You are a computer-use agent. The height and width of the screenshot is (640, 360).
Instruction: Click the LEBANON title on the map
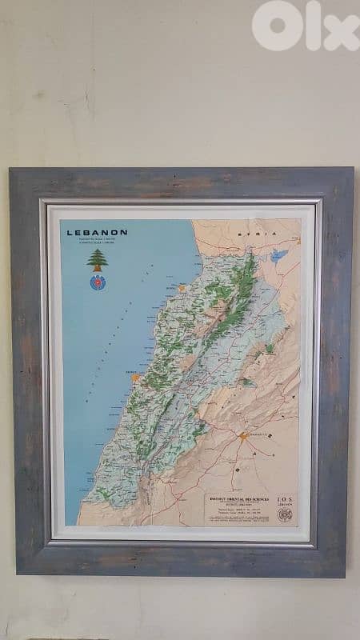point(97,232)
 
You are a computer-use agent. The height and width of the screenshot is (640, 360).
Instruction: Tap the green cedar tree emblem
point(98,259)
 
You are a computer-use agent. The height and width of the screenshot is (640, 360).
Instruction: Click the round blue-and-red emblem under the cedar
point(98,282)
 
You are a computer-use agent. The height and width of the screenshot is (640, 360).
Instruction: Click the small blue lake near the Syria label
point(278,256)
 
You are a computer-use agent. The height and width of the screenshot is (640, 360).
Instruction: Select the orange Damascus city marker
point(242,437)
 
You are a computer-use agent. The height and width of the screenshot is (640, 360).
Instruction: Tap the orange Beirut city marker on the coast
point(136,377)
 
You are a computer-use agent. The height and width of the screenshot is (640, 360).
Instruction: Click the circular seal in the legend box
point(284,514)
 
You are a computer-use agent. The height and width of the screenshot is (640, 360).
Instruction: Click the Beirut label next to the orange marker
point(125,372)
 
